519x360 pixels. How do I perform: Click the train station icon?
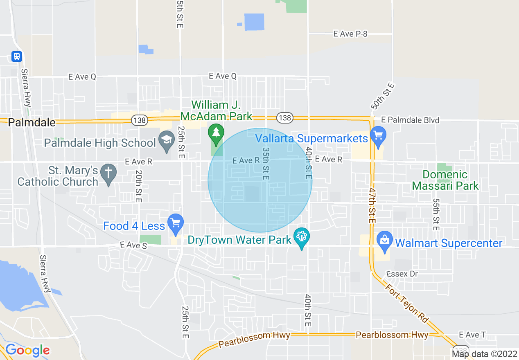[17, 56]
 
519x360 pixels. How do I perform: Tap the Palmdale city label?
[32, 122]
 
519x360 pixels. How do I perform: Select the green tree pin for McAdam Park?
[216, 133]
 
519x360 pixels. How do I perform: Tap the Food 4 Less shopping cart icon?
[176, 223]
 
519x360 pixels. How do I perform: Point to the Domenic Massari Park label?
[445, 180]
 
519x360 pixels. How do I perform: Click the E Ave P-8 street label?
[350, 34]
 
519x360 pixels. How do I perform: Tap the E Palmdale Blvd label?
[410, 120]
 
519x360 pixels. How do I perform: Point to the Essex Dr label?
[402, 274]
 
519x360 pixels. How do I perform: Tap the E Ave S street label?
[133, 245]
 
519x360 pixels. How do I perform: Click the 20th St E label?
[138, 186]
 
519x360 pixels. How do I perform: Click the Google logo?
[27, 350]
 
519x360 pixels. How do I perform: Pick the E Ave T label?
[472, 335]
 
